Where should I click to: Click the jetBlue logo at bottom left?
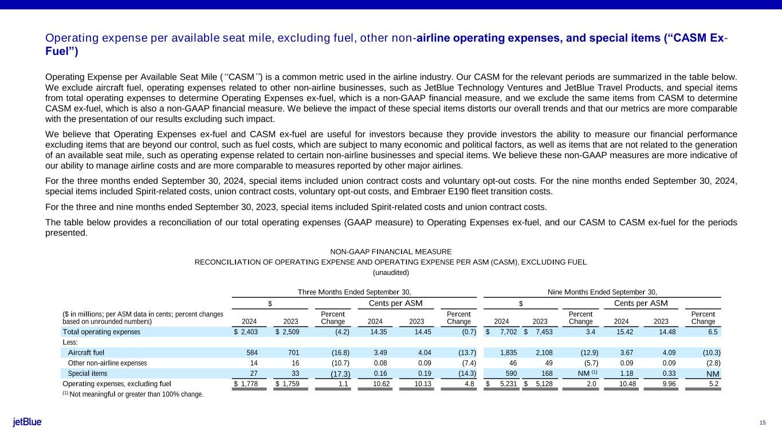(27, 422)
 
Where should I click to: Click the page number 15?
(763, 423)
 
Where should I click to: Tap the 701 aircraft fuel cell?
(298, 352)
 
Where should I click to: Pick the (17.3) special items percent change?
(340, 374)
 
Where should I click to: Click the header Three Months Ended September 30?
(354, 292)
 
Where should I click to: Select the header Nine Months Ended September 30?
(602, 292)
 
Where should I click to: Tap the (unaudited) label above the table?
(391, 272)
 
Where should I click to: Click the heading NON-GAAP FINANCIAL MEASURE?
(391, 252)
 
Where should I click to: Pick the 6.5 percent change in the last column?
(715, 332)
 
